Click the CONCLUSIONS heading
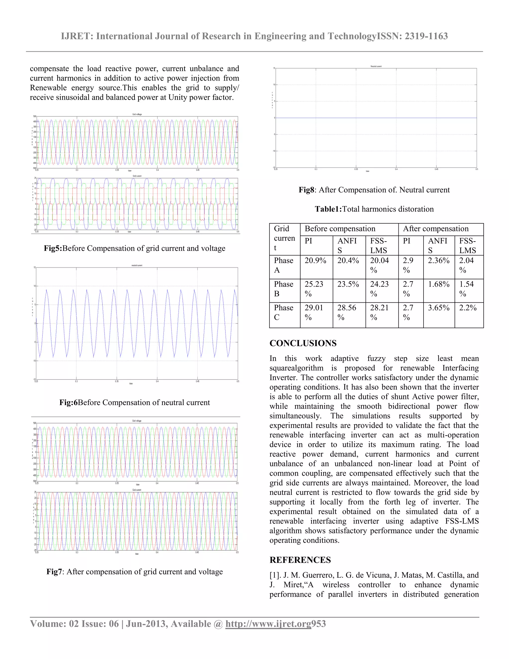pos(303,343)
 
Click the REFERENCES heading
pos(300,560)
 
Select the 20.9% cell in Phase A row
pos(315,261)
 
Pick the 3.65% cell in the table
pos(438,308)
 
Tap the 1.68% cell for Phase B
pos(438,284)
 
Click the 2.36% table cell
pos(438,261)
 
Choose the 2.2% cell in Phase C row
pos(468,308)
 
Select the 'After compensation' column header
pos(436,229)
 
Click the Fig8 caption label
pos(306,190)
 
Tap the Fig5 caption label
pos(53,248)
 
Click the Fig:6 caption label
pos(68,403)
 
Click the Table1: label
pos(328,209)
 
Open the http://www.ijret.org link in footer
pos(268,624)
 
